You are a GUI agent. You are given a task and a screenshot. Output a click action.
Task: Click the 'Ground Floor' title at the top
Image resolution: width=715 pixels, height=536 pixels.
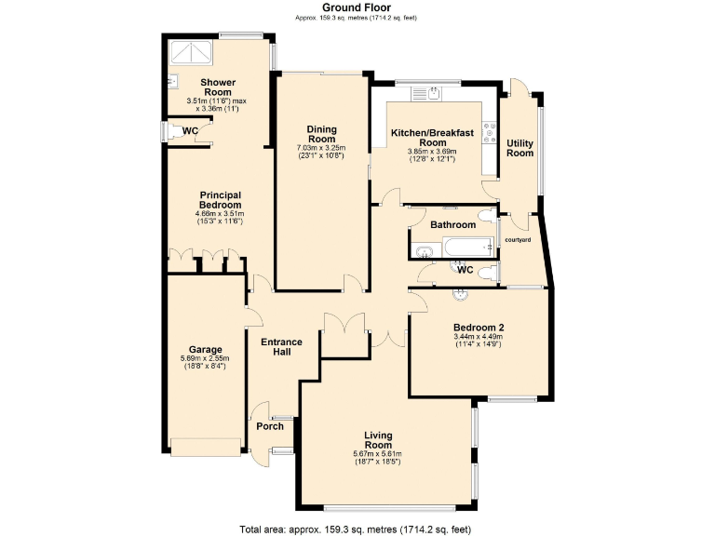click(357, 7)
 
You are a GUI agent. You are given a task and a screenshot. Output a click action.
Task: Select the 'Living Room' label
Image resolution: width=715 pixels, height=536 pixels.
click(378, 440)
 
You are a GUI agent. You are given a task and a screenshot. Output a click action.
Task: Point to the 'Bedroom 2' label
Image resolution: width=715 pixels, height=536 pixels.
click(479, 327)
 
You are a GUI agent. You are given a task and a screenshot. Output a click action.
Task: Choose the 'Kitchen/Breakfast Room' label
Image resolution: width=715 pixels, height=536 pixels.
click(433, 138)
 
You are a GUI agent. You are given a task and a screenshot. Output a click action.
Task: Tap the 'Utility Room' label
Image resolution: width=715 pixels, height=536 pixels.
click(519, 148)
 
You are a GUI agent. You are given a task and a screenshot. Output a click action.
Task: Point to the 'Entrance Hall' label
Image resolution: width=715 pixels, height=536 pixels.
click(281, 347)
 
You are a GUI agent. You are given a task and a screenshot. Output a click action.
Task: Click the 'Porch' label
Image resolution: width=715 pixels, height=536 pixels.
click(270, 426)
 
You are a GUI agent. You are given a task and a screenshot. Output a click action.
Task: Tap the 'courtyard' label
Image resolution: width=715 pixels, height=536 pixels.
click(517, 240)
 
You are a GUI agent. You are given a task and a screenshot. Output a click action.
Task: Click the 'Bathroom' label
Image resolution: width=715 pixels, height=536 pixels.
click(452, 225)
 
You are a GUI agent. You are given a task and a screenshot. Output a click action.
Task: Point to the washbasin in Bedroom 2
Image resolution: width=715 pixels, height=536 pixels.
click(459, 295)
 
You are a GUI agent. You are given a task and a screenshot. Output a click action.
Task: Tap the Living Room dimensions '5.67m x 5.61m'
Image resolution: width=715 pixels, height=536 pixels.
click(376, 454)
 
